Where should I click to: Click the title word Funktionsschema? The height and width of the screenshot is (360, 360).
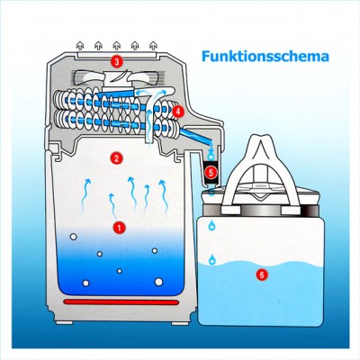[x=265, y=57]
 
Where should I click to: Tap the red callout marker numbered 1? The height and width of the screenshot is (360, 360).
[x=119, y=228]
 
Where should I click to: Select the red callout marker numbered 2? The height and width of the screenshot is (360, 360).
[x=116, y=157]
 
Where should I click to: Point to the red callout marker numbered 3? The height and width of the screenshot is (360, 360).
[x=116, y=61]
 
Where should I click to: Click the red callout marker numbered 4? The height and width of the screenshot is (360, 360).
[x=178, y=112]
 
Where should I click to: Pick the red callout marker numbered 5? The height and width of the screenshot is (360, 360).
[x=211, y=172]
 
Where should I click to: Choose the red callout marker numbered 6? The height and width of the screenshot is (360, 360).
[x=262, y=274]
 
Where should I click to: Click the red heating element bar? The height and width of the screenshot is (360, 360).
[x=121, y=302]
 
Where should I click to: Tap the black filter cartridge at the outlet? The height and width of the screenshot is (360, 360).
[x=211, y=173]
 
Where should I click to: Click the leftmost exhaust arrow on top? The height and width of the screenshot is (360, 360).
[x=80, y=45]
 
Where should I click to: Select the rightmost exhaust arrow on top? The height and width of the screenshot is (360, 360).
[x=153, y=45]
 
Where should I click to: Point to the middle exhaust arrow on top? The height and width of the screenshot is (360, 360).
[x=117, y=45]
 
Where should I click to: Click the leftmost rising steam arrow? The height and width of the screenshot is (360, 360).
[x=85, y=195]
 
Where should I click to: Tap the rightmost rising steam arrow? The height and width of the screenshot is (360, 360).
[x=164, y=196]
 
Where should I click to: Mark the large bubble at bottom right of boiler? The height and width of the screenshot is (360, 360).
[x=158, y=282]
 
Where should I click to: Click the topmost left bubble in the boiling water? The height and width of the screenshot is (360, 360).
[x=73, y=237]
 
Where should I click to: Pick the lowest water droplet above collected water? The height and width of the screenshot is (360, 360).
[x=212, y=259]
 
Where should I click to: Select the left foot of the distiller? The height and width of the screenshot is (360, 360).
[x=65, y=323]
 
